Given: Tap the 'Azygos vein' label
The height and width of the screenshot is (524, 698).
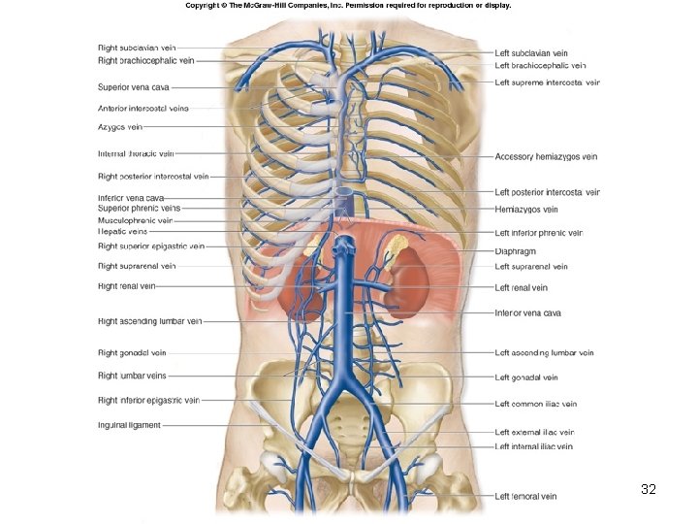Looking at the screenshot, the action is click(x=120, y=126).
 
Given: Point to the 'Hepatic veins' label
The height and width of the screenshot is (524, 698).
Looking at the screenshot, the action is click(x=123, y=232).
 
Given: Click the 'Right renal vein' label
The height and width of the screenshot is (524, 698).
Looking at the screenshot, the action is click(x=126, y=286).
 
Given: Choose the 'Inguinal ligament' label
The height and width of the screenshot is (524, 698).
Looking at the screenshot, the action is click(x=129, y=425).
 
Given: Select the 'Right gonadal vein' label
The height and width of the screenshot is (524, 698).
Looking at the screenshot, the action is click(x=132, y=353).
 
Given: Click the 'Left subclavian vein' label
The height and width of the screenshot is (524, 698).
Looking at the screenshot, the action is click(x=531, y=53).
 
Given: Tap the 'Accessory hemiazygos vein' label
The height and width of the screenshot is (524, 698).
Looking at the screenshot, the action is click(x=546, y=156).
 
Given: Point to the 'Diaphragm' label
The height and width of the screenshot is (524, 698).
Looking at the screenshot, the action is click(x=516, y=250).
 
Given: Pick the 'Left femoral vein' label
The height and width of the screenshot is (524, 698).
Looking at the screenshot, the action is click(x=525, y=497).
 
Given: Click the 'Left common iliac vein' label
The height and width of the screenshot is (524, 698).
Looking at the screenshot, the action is click(x=536, y=404).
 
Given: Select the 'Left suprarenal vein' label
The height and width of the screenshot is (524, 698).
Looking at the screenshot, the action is click(x=531, y=267).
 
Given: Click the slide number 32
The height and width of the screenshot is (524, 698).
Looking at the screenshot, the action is click(x=649, y=490).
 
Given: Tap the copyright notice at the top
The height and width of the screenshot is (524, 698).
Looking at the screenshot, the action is click(x=347, y=6).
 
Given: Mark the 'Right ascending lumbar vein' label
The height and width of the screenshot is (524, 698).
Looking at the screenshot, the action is click(x=149, y=321).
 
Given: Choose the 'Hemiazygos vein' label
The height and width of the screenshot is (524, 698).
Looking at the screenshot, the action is click(x=526, y=209).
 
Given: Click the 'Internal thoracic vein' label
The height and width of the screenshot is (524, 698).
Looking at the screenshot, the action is click(x=136, y=153).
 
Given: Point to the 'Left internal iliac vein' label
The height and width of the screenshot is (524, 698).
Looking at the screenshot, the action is click(x=533, y=446).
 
